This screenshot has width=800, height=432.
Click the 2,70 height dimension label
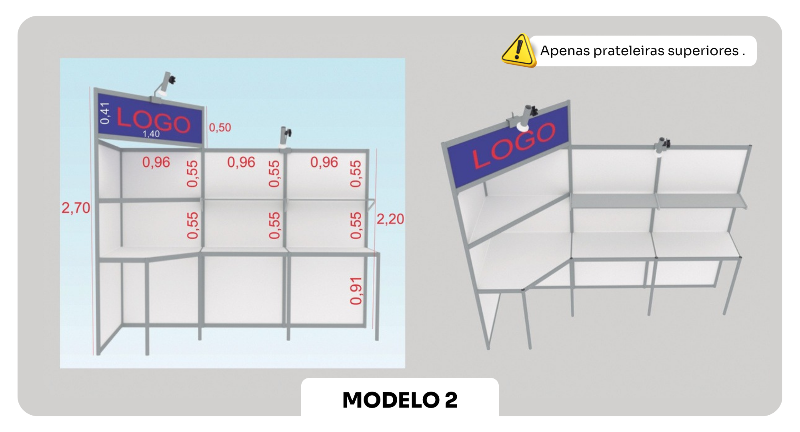coord(76,208)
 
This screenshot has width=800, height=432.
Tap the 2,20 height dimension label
coord(390,219)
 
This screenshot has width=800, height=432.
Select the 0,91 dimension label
coord(356,291)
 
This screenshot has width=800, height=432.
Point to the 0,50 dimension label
coord(220,128)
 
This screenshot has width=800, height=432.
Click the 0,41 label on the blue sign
coord(104,113)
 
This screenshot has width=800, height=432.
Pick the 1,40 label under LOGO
coord(151,134)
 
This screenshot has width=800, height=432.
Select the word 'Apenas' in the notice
coord(565,51)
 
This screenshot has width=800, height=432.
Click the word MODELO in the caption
coord(391,400)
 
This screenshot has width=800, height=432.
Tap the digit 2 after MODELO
coord(451,400)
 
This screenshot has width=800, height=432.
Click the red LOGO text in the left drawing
coord(154,121)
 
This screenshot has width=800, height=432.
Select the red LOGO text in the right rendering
coord(514,145)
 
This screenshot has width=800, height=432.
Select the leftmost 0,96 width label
coord(156,162)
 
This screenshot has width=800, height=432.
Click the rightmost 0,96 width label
coord(324,162)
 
